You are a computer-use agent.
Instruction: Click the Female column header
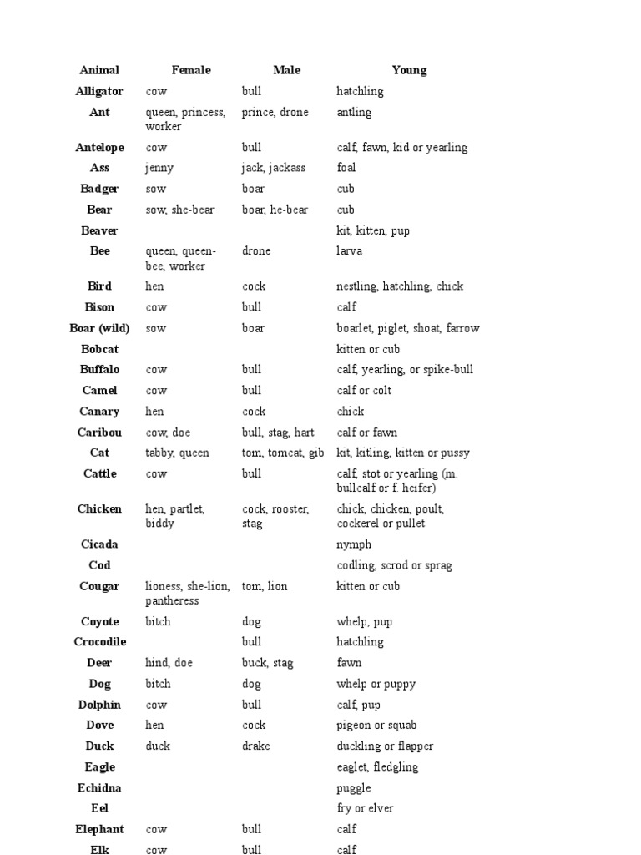click(191, 70)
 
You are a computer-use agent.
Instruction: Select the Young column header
click(409, 70)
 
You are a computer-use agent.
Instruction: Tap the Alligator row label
click(99, 91)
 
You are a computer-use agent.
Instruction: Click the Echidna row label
click(99, 788)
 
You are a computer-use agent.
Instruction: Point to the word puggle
click(354, 788)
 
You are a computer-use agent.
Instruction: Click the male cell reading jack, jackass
click(274, 168)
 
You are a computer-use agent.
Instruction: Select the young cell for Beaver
click(373, 230)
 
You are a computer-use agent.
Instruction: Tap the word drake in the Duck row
click(256, 746)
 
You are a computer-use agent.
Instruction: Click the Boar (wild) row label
click(99, 328)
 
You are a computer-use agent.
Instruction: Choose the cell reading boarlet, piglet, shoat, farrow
click(408, 328)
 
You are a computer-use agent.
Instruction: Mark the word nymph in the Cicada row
click(354, 544)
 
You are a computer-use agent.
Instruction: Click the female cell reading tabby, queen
click(178, 453)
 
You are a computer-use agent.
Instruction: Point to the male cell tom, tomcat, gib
click(283, 453)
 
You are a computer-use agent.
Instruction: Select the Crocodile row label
click(99, 642)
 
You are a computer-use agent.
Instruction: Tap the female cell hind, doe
click(169, 663)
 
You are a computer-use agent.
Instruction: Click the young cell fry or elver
click(365, 808)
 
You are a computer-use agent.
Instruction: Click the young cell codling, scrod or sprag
click(394, 565)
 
